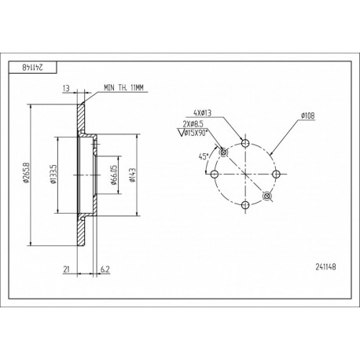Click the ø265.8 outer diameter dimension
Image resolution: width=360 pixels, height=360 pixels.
[x=25, y=173]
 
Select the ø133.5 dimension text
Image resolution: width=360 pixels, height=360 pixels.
[x=53, y=174]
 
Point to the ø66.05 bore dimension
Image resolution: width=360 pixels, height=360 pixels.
[x=114, y=175]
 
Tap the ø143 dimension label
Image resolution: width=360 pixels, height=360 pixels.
[x=132, y=175]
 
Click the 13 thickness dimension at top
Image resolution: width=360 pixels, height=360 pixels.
[x=66, y=88]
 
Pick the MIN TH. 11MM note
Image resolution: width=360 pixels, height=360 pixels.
[x=123, y=87]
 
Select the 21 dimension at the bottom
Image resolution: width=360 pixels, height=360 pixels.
[x=66, y=269]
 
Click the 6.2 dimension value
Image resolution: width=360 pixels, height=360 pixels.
[x=105, y=269]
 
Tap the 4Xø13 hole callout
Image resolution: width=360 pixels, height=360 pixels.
[x=202, y=113]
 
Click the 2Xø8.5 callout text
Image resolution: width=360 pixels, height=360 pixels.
[x=193, y=123]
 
